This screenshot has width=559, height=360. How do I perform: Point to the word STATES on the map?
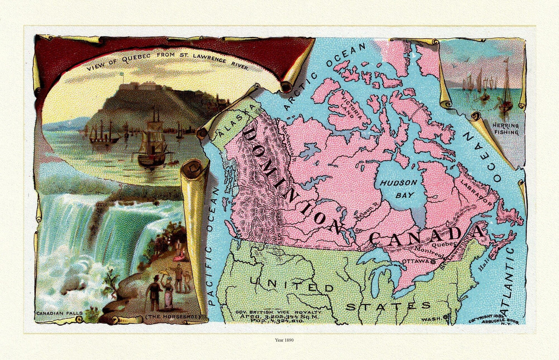pos(388,306)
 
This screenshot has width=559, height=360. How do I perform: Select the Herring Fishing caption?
pos(506,129)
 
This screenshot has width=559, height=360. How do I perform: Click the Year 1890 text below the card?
pos(284,340)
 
